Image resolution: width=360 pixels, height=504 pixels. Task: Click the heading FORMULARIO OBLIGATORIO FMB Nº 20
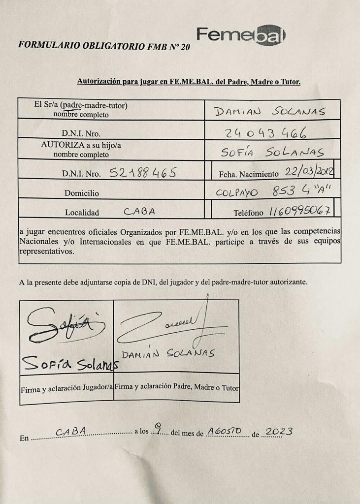coord(103,45)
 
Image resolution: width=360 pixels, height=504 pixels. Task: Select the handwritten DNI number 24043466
coord(266,132)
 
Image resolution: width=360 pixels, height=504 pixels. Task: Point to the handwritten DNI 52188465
coord(139,172)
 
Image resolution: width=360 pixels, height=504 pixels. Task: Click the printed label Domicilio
coord(81,193)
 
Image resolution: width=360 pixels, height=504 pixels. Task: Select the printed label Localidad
coord(82,213)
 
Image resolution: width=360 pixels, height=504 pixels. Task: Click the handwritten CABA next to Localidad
coord(139,212)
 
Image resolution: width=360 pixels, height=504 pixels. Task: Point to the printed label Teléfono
coord(250,213)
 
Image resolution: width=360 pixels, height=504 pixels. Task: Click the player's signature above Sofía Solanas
coord(64,326)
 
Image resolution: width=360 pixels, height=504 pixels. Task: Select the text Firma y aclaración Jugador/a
coord(66,389)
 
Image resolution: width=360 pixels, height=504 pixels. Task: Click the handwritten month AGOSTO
coord(224,431)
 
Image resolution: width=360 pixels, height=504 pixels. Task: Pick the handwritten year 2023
coord(279,432)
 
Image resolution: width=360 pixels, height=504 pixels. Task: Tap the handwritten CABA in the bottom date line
coord(71,432)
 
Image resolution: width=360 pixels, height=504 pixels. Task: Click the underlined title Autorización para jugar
coord(189,81)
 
